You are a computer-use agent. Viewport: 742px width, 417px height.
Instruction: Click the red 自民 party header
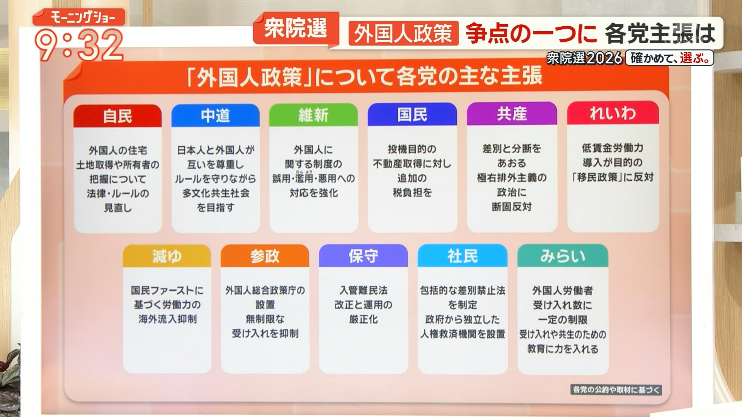pos(117,116)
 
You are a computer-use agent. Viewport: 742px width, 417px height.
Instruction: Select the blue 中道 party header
pos(215,115)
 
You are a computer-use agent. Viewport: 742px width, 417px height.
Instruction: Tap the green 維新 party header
pos(313,115)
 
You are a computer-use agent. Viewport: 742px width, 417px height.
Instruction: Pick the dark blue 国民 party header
pos(412,114)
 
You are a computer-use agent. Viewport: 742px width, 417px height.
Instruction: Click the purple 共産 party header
pos(512,114)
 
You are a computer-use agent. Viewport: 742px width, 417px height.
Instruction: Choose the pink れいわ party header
pos(613,113)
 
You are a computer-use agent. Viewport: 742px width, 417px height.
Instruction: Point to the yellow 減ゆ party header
pos(167,256)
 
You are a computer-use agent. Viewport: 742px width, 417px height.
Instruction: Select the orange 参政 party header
pos(265,256)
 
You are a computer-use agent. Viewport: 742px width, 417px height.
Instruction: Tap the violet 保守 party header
pos(363,256)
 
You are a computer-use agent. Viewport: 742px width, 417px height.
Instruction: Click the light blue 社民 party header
pos(463,256)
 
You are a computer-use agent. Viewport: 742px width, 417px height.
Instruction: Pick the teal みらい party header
pos(563,256)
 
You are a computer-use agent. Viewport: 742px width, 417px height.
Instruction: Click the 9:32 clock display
pos(79,46)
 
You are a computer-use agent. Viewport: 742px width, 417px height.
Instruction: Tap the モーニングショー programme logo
pos(79,17)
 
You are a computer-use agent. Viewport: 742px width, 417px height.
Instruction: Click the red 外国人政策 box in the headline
pos(403,33)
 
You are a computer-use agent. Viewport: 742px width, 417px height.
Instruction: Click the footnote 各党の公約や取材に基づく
pos(616,389)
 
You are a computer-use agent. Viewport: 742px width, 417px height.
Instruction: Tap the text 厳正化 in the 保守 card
pos(363,319)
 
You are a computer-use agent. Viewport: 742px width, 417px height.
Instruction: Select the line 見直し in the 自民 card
pos(118,208)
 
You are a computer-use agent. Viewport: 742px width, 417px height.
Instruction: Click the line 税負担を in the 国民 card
pos(412,192)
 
